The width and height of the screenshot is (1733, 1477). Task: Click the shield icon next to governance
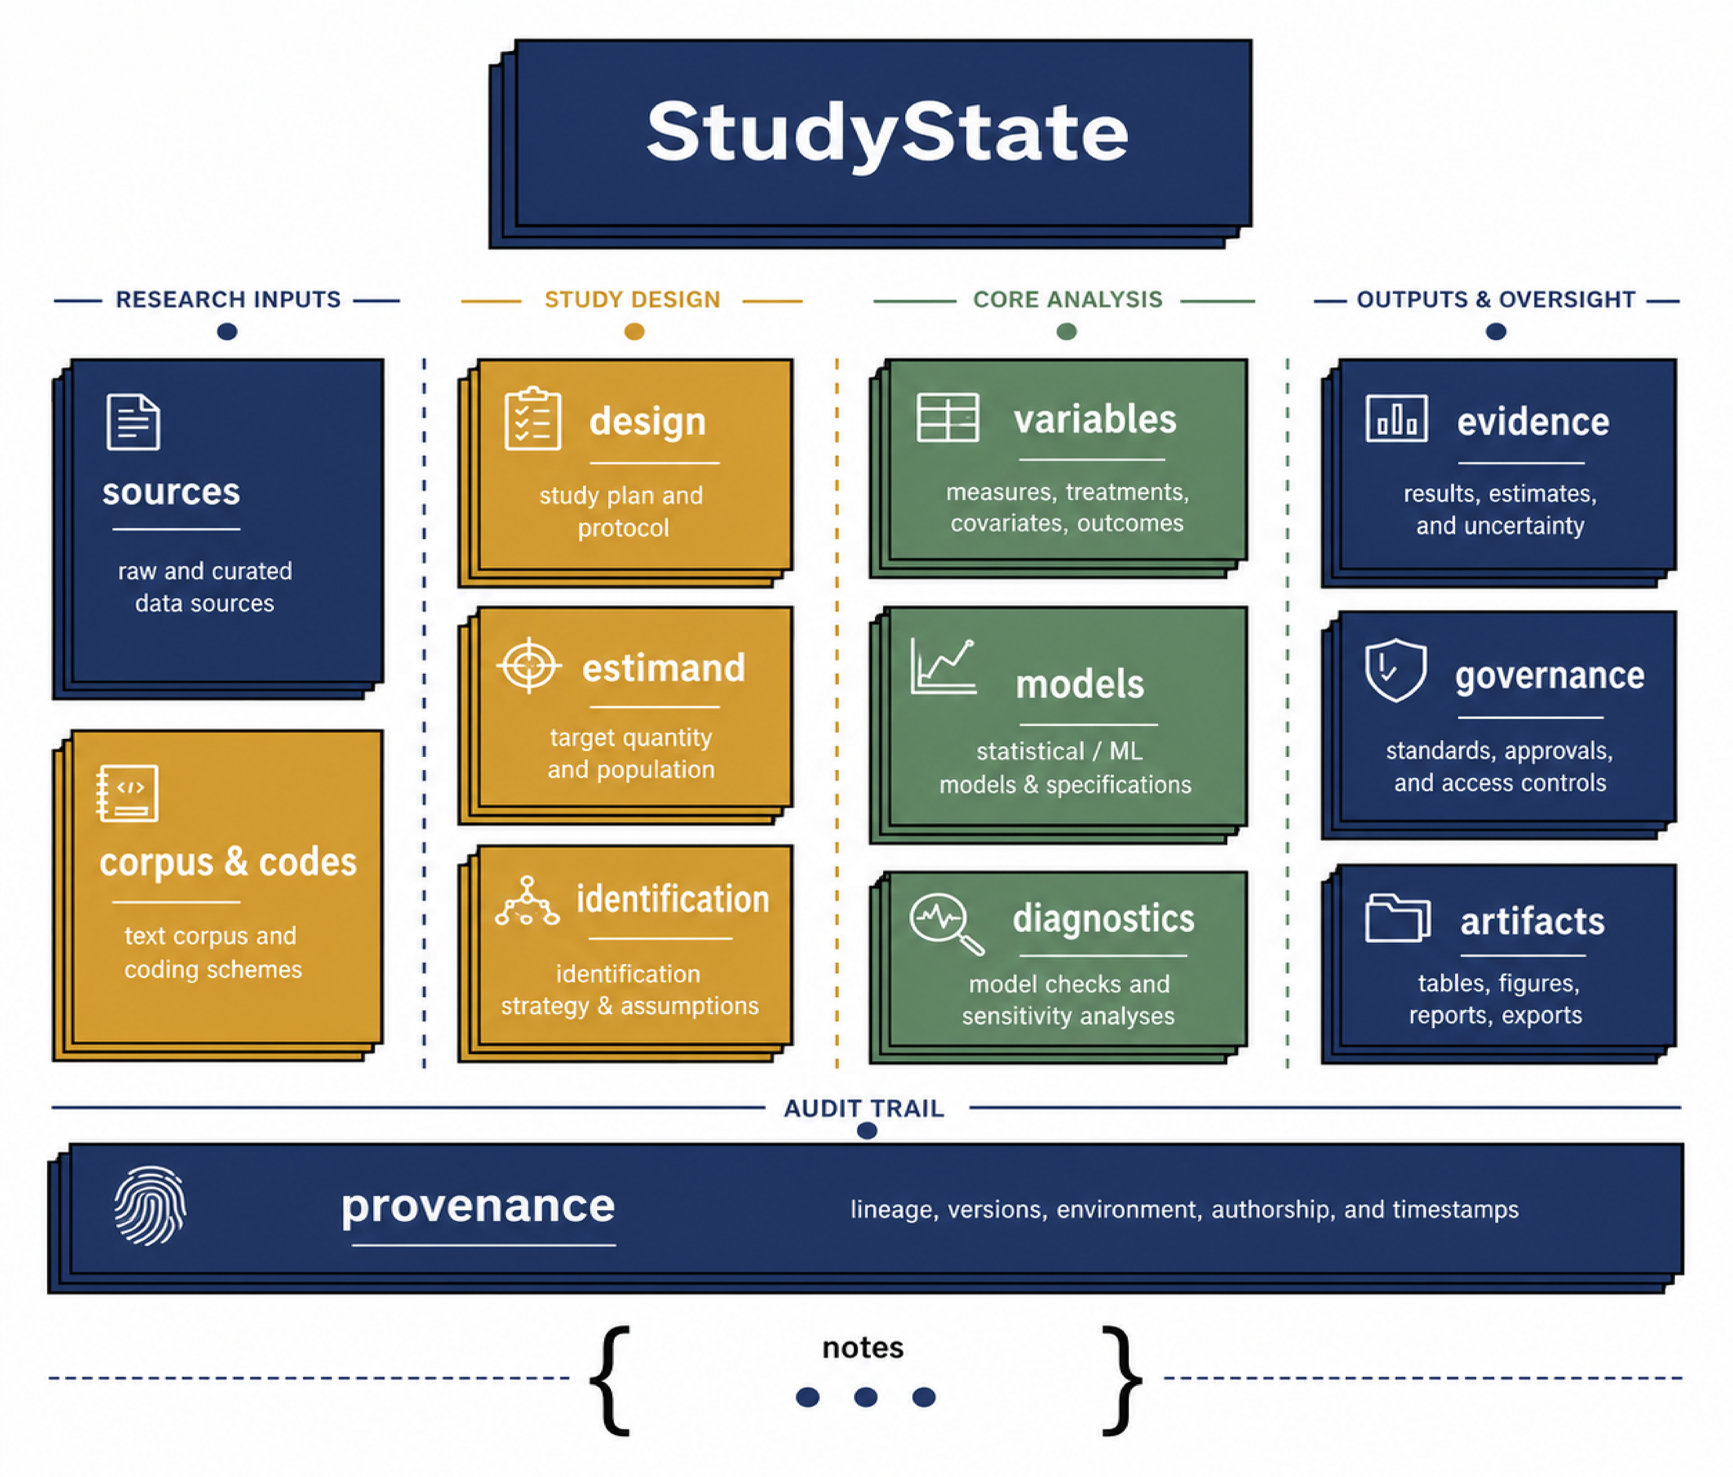pyautogui.click(x=1395, y=670)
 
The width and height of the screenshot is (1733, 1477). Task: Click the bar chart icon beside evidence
pyautogui.click(x=1396, y=418)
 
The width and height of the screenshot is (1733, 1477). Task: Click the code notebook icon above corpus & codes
pyautogui.click(x=127, y=793)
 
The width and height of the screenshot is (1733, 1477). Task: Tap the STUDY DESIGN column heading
pyautogui.click(x=632, y=299)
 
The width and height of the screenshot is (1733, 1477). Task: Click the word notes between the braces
pyautogui.click(x=863, y=1347)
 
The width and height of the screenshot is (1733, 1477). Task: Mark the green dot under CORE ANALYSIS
pyautogui.click(x=1067, y=332)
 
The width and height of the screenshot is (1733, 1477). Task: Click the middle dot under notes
pyautogui.click(x=866, y=1397)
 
